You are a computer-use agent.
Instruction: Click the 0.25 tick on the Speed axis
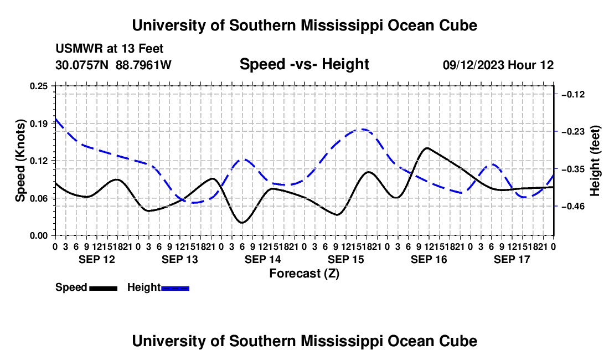tap(38, 86)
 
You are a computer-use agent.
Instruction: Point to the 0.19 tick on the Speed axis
tap(38, 124)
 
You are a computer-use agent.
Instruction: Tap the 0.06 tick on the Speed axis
tap(38, 198)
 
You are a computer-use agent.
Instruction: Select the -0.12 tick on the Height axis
tap(573, 94)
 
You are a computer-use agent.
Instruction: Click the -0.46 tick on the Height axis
tap(573, 206)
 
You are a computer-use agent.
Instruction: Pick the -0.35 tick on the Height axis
tap(573, 169)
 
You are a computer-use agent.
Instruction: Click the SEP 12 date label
tap(97, 259)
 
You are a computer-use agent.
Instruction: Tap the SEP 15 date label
tap(346, 259)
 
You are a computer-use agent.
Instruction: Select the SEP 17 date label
tap(512, 259)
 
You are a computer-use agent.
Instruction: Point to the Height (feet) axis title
tap(595, 161)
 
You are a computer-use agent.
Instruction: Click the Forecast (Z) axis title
tap(304, 274)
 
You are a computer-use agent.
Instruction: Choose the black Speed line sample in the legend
tap(104, 289)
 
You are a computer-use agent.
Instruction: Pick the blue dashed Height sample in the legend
tap(175, 289)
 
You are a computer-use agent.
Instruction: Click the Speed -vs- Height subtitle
tap(304, 64)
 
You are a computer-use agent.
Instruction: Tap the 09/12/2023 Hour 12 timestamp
tap(498, 65)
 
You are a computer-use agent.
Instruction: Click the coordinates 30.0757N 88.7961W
tap(113, 65)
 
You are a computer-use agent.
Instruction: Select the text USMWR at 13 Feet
tap(110, 49)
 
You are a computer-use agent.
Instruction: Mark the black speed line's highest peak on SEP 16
tap(427, 148)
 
